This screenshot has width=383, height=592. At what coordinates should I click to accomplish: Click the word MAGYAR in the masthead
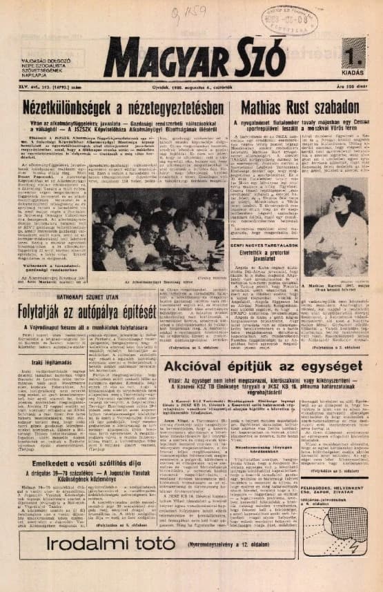pyautogui.click(x=166, y=59)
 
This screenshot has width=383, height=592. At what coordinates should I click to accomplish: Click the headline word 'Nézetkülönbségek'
pyautogui.click(x=72, y=109)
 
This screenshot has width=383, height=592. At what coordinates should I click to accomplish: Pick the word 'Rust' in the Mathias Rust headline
pyautogui.click(x=302, y=108)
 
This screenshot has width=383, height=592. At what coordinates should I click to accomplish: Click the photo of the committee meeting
pyautogui.click(x=158, y=241)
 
